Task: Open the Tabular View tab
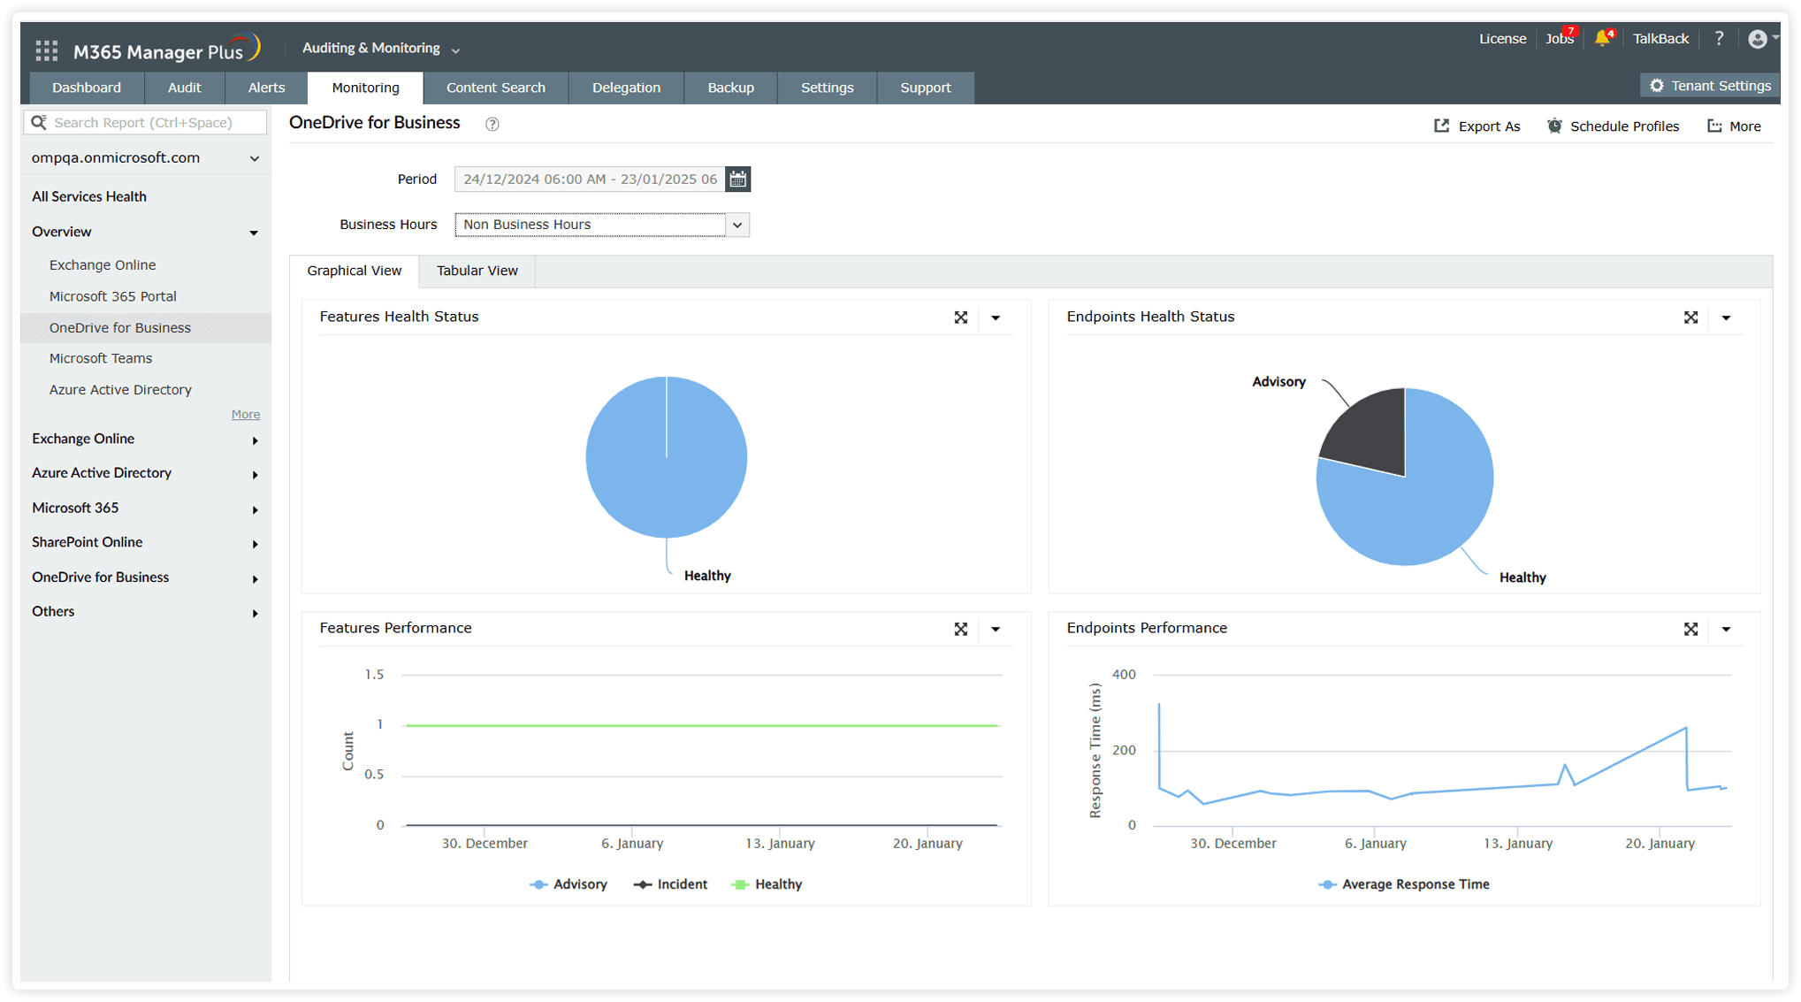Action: coord(477,271)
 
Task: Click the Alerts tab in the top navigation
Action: coord(266,88)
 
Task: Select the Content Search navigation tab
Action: coord(495,88)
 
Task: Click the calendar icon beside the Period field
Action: coord(737,180)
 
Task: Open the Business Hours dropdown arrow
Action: coord(737,225)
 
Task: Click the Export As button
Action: coord(1477,126)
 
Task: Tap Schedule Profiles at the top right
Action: coord(1613,126)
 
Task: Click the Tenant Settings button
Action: coord(1710,86)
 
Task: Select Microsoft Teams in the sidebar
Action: coord(101,358)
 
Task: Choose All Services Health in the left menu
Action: coord(89,196)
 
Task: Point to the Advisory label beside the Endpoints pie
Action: coord(1278,382)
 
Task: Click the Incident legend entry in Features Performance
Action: coord(671,884)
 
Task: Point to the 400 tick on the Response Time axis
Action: coord(1124,675)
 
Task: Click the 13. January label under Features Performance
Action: coord(780,844)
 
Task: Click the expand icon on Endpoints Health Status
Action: coord(1690,317)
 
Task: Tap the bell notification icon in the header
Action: coord(1602,39)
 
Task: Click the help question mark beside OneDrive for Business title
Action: coord(492,125)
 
